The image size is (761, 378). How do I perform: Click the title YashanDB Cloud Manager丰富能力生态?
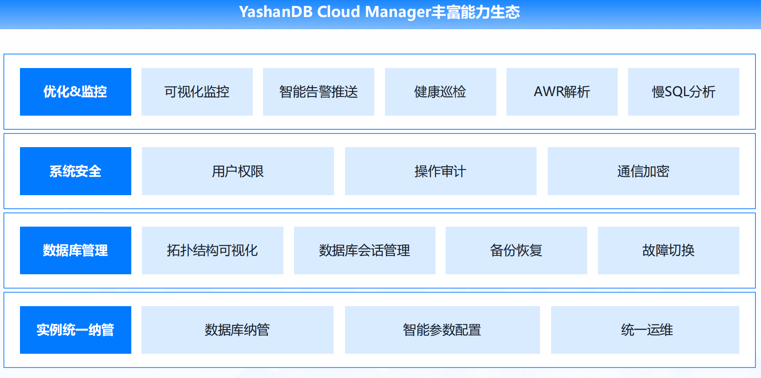[379, 12]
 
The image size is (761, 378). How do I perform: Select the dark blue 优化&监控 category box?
[76, 92]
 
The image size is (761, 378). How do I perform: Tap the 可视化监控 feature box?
[197, 92]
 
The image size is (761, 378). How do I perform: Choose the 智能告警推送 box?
[319, 92]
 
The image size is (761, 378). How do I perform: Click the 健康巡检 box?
[440, 92]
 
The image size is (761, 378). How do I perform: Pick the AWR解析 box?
[562, 92]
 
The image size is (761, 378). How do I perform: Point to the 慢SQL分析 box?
[683, 92]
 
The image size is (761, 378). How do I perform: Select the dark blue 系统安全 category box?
[76, 171]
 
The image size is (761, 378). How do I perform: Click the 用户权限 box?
[238, 171]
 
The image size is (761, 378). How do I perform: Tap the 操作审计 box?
[441, 171]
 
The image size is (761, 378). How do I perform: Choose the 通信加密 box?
[643, 171]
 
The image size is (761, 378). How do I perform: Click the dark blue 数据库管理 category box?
[76, 250]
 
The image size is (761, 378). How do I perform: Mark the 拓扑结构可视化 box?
[212, 250]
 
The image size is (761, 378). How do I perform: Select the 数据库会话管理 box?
[365, 250]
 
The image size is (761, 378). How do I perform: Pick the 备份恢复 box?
[516, 250]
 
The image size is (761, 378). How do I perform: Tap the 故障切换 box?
[668, 250]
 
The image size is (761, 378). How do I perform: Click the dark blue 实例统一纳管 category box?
[76, 330]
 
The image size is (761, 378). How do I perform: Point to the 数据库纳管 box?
[238, 330]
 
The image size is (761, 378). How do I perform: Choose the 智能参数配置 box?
[442, 330]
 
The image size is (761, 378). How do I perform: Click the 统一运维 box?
[645, 330]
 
